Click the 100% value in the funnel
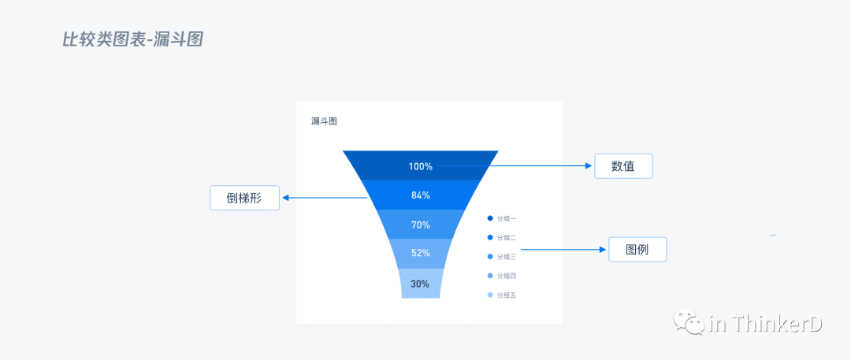420,166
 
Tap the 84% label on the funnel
420,195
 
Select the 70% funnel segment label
420,225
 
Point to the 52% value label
420,253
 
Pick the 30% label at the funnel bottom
420,284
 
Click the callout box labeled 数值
623,166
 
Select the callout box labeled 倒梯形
244,198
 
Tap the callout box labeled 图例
637,249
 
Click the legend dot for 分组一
490,218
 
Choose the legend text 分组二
507,237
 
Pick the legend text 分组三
507,257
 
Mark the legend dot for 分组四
490,276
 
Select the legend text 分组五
507,295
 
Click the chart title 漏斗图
324,121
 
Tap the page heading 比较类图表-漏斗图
132,39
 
